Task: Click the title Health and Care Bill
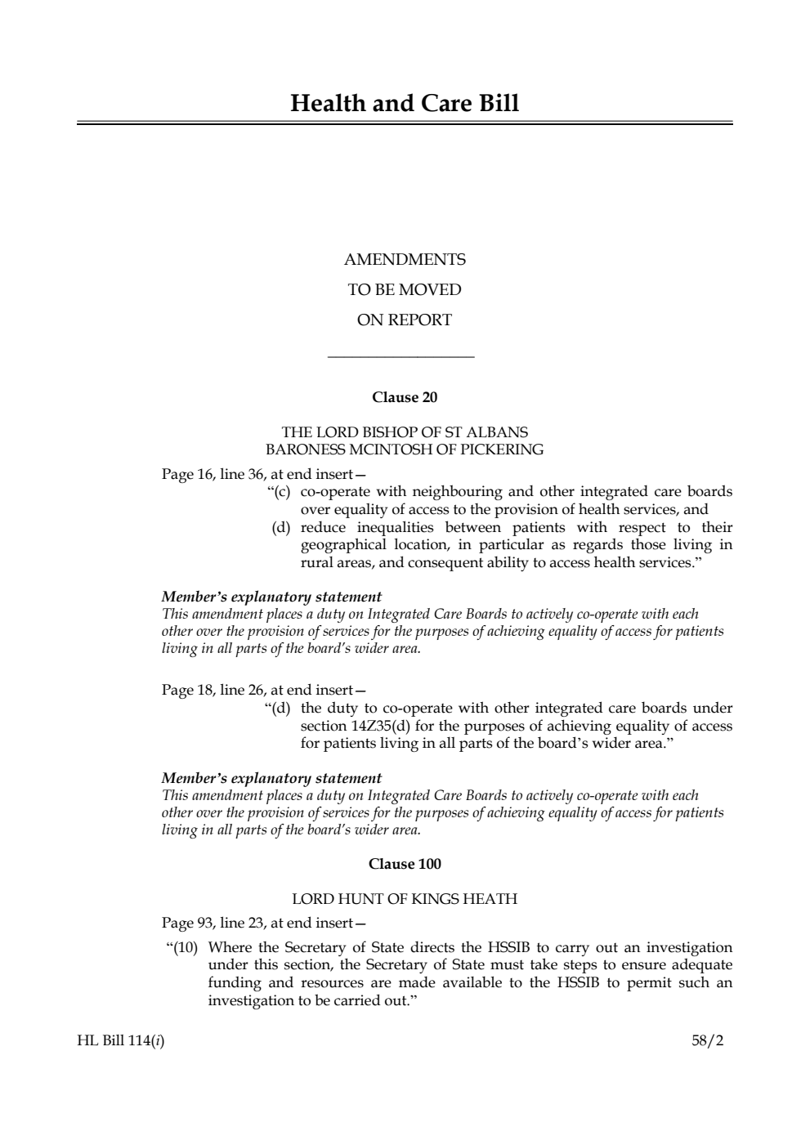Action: [x=405, y=104]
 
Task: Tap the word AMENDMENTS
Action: [x=405, y=260]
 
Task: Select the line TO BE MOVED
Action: [x=405, y=290]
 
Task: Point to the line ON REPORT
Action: [x=405, y=320]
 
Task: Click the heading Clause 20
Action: [x=405, y=398]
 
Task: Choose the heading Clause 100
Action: [x=405, y=865]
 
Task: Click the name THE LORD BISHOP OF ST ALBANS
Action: [x=405, y=432]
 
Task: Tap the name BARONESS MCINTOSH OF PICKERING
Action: [x=405, y=450]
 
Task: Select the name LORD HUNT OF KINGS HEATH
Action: [x=405, y=900]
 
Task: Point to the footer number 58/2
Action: [x=708, y=1041]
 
